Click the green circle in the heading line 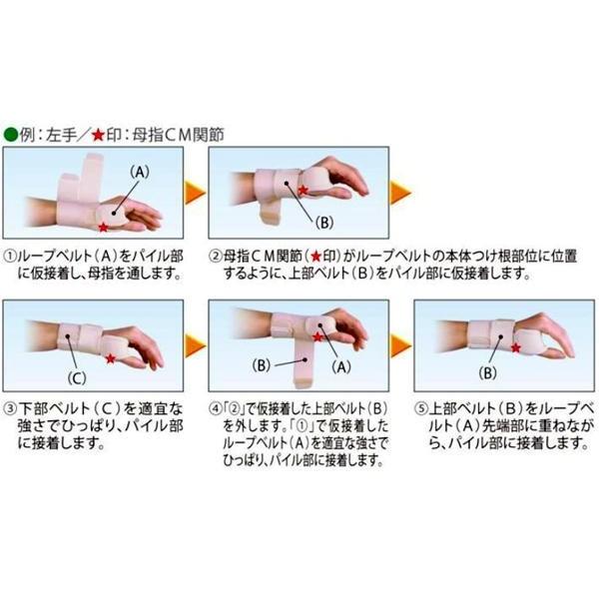(x=11, y=135)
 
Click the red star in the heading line (x=98, y=135)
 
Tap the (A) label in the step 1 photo (x=140, y=173)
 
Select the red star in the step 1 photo (x=103, y=228)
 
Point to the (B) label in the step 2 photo (x=323, y=223)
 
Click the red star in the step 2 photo (x=302, y=190)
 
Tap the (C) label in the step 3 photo (x=77, y=378)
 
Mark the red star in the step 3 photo (x=111, y=358)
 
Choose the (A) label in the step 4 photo (x=341, y=367)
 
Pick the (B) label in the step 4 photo (x=262, y=365)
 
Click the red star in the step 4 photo (x=317, y=337)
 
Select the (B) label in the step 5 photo (x=488, y=373)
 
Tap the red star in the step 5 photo (x=516, y=347)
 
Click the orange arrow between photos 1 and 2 (x=196, y=193)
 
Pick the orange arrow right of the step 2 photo (x=400, y=192)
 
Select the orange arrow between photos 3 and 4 (x=196, y=346)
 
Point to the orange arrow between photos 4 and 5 (x=400, y=346)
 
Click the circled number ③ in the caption (x=10, y=409)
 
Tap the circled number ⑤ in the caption (x=421, y=409)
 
